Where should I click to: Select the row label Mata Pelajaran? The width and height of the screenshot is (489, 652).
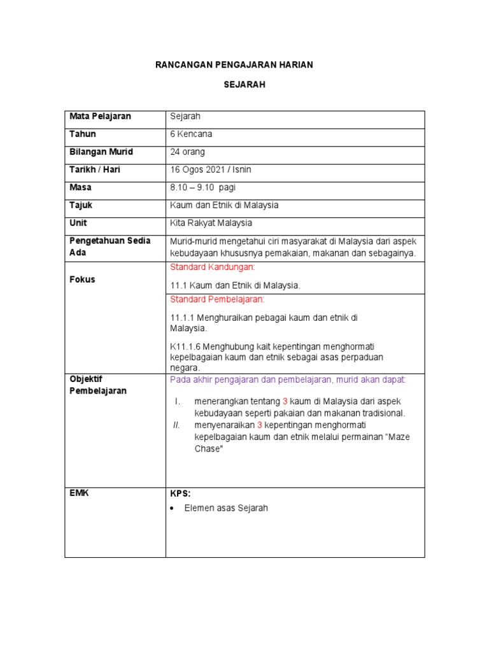click(x=100, y=117)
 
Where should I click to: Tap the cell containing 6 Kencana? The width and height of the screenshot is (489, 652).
click(x=192, y=134)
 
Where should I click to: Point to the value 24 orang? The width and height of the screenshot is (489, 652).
click(x=188, y=152)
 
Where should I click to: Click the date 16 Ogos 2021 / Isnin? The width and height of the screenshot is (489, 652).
click(x=211, y=170)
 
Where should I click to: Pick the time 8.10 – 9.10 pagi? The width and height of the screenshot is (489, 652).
click(x=202, y=188)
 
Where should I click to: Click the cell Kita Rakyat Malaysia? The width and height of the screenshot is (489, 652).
click(x=211, y=223)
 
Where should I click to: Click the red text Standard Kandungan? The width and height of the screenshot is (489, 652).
click(x=212, y=267)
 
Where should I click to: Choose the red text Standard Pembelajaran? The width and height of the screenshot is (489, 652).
click(x=216, y=299)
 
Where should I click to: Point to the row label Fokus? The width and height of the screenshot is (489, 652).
click(x=82, y=280)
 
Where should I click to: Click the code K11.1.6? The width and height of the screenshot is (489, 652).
click(x=185, y=346)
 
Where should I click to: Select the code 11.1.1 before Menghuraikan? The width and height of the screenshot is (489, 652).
click(x=183, y=317)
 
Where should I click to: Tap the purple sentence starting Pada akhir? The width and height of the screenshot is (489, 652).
click(x=288, y=380)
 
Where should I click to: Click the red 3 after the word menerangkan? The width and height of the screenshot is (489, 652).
click(x=285, y=401)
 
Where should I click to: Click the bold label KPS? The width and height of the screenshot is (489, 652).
click(x=180, y=493)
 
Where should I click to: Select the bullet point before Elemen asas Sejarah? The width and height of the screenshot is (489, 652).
click(x=174, y=509)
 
